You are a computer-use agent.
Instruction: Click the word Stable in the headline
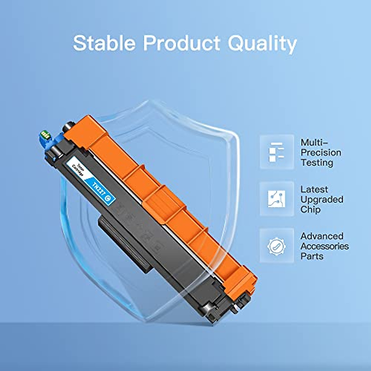pyautogui.click(x=104, y=43)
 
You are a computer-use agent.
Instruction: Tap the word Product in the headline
pyautogui.click(x=182, y=43)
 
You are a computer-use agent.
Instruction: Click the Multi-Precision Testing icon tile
pyautogui.click(x=277, y=152)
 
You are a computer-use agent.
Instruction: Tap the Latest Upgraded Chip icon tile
pyautogui.click(x=277, y=199)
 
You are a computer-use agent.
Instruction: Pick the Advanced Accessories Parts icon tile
pyautogui.click(x=277, y=246)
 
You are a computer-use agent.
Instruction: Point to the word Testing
pyautogui.click(x=317, y=163)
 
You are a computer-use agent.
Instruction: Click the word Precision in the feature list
pyautogui.click(x=321, y=152)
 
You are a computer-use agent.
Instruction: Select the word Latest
pyautogui.click(x=314, y=189)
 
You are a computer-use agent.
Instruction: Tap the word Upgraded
pyautogui.click(x=322, y=200)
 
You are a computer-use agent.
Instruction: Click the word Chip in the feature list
pyautogui.click(x=310, y=210)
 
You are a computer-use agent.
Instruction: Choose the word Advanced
pyautogui.click(x=322, y=236)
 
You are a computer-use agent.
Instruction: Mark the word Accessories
pyautogui.click(x=325, y=246)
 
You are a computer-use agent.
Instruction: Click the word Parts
pyautogui.click(x=312, y=256)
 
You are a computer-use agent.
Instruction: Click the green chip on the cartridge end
pyautogui.click(x=45, y=135)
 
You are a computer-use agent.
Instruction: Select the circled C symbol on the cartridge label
pyautogui.click(x=108, y=199)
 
